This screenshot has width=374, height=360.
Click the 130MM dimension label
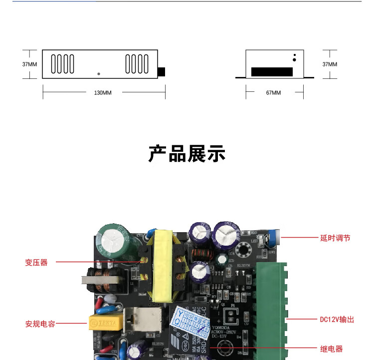click(x=103, y=93)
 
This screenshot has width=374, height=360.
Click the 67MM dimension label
click(x=273, y=93)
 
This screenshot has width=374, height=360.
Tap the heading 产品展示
click(x=187, y=154)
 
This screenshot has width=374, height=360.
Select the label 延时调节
click(x=335, y=238)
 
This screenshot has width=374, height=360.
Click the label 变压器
click(x=36, y=262)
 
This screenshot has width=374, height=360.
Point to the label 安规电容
click(x=40, y=324)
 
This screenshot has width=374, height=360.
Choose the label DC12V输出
click(x=337, y=319)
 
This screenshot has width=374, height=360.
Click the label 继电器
click(x=331, y=349)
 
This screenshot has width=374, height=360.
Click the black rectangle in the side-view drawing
click(x=272, y=72)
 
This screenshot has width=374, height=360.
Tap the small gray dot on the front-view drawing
click(x=99, y=74)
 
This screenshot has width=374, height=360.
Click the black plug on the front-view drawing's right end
click(x=161, y=72)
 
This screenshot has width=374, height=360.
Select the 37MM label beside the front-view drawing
click(x=29, y=64)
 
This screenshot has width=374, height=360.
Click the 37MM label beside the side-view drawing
click(x=330, y=64)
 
